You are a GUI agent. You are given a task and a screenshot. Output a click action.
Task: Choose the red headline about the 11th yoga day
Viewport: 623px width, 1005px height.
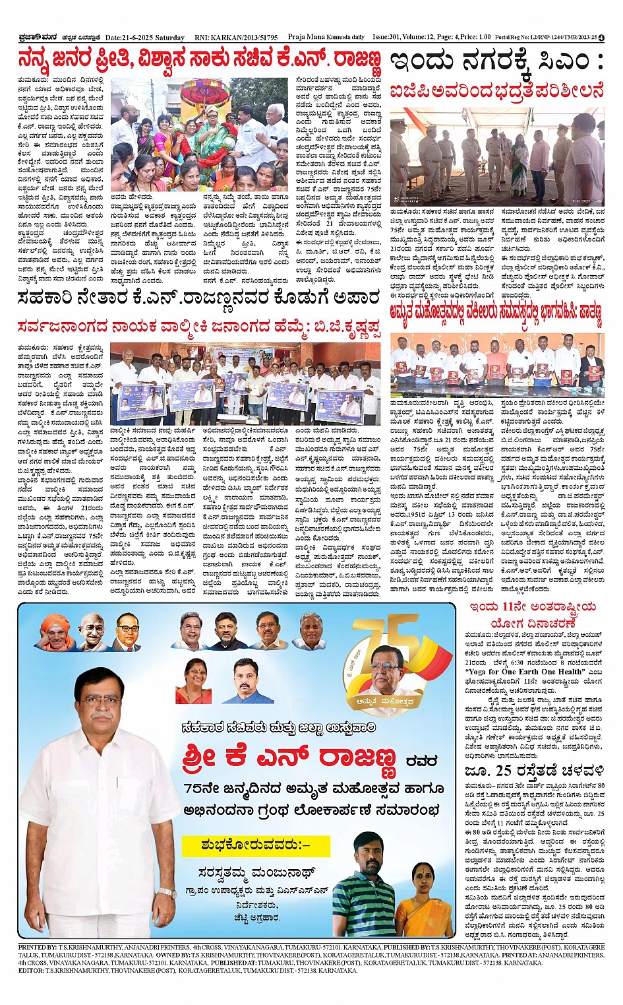click(533, 614)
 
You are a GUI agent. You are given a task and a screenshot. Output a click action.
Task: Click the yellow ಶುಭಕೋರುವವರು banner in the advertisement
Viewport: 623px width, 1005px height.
click(255, 845)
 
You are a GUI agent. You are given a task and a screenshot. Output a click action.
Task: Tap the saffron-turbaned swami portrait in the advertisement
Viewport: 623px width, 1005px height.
click(57, 632)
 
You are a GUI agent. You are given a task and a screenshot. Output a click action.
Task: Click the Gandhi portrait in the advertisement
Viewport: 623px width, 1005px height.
click(93, 632)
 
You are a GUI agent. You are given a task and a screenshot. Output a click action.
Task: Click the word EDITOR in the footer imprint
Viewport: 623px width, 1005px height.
click(32, 971)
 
